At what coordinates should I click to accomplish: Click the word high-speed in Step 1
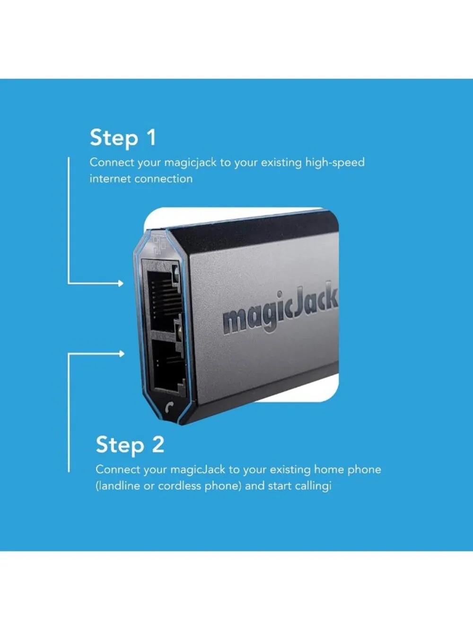point(334,163)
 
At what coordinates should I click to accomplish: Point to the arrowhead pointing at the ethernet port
point(121,284)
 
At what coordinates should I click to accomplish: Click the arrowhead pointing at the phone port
point(122,354)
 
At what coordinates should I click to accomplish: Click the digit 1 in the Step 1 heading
point(151,138)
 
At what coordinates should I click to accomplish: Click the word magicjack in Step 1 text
point(190,163)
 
